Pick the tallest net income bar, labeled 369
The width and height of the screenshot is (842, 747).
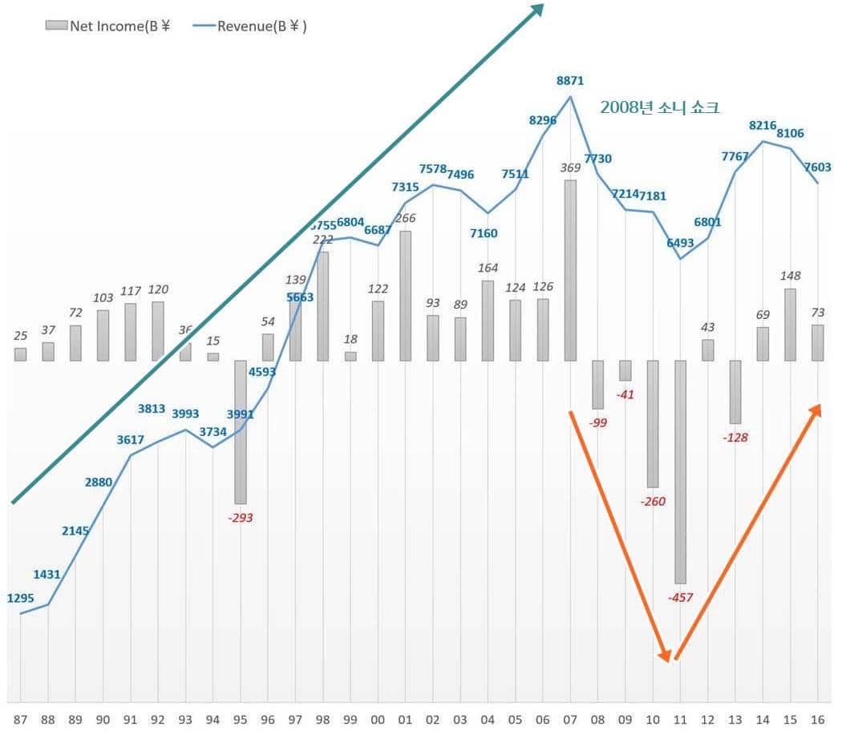pyautogui.click(x=570, y=270)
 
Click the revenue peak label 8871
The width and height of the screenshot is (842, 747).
pyautogui.click(x=570, y=80)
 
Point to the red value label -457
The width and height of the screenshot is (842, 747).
pyautogui.click(x=680, y=597)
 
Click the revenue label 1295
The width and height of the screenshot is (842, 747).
pyautogui.click(x=21, y=598)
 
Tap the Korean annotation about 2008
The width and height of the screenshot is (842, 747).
pyautogui.click(x=659, y=107)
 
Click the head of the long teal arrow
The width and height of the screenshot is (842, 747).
pyautogui.click(x=536, y=10)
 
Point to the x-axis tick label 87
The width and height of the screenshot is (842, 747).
pyautogui.click(x=20, y=721)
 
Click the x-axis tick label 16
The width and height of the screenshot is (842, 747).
pyautogui.click(x=817, y=721)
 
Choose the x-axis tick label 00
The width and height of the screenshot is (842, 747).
pyautogui.click(x=378, y=721)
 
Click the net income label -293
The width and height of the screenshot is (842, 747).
pyautogui.click(x=240, y=518)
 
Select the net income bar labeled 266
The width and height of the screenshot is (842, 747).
pyautogui.click(x=405, y=296)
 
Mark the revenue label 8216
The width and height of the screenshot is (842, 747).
pyautogui.click(x=763, y=125)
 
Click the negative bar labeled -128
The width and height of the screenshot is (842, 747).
pyautogui.click(x=735, y=392)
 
